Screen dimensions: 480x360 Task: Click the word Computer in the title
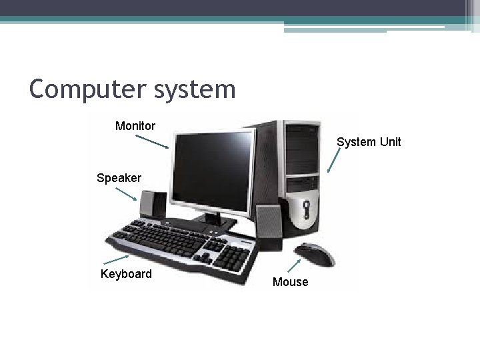coord(80,88)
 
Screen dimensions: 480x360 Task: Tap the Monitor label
coord(135,125)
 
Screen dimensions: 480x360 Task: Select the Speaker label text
coord(119,178)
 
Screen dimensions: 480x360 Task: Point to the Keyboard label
coord(126,273)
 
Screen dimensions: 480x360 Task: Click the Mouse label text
coord(291,282)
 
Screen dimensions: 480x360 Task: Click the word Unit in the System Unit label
coord(389,142)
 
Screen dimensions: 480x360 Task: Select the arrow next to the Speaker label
coord(126,194)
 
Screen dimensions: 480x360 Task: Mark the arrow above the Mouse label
coord(293,266)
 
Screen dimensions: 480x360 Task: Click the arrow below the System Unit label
coord(334,160)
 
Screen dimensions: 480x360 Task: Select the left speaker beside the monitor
coord(153,205)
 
